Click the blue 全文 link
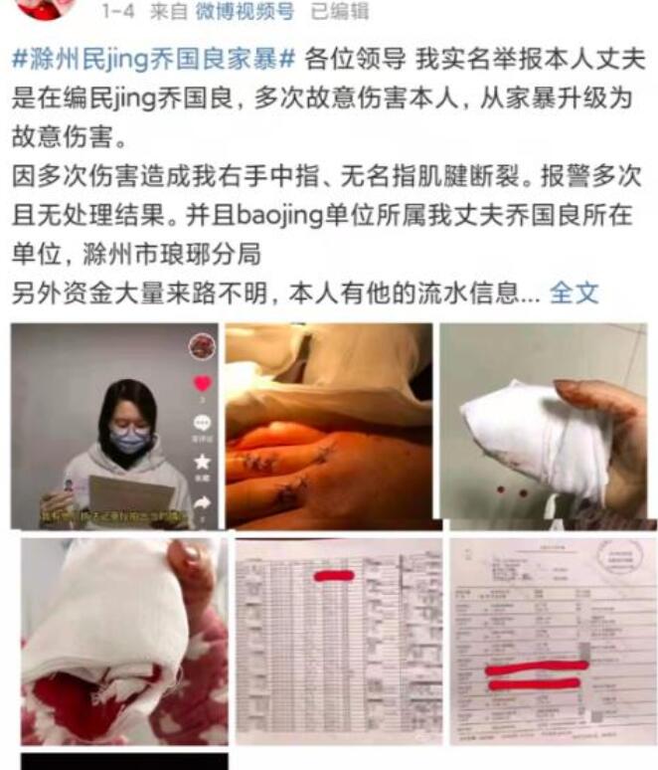click(574, 292)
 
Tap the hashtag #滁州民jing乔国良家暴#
click(154, 59)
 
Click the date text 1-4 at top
click(119, 12)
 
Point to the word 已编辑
click(339, 12)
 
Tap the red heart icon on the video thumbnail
click(203, 383)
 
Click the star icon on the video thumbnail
click(203, 462)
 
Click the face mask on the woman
click(129, 440)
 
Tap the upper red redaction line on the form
click(537, 667)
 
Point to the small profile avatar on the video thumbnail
click(203, 345)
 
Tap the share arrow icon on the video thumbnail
click(203, 503)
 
